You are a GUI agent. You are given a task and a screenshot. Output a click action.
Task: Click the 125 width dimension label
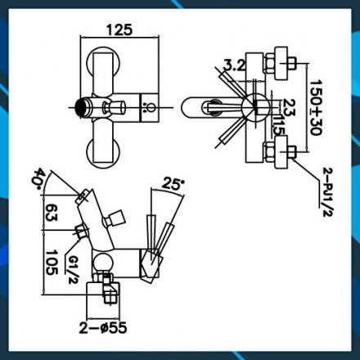[119, 30]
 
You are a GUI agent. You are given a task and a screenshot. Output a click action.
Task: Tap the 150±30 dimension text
[317, 107]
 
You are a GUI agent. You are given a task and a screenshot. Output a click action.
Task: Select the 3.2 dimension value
[235, 65]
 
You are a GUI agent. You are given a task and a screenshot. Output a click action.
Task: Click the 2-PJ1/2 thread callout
[328, 192]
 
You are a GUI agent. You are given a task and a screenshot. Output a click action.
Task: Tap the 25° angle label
[173, 183]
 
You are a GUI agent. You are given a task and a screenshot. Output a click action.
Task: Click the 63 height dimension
[51, 212]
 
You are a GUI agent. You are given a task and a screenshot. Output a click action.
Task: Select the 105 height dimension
[52, 263]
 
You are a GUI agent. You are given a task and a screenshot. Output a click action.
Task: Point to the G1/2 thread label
[72, 269]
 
